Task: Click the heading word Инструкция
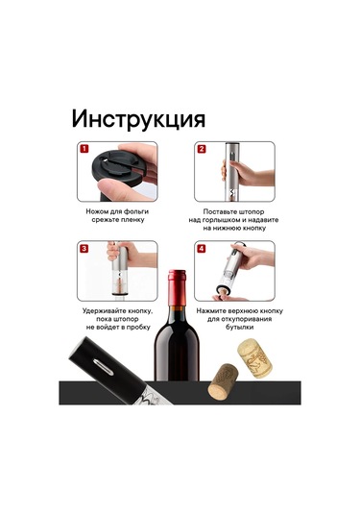(x=138, y=119)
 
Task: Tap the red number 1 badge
(x=84, y=149)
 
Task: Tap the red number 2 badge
(x=202, y=149)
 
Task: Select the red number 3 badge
(x=84, y=249)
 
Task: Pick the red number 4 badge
(x=202, y=249)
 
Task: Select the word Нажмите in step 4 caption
(x=210, y=310)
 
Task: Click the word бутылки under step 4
(x=239, y=328)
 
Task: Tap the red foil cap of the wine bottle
(x=177, y=287)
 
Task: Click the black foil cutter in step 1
(x=117, y=170)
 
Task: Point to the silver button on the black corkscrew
(x=103, y=367)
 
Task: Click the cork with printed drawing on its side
(x=254, y=358)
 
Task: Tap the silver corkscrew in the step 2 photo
(x=232, y=172)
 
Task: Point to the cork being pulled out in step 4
(x=222, y=292)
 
